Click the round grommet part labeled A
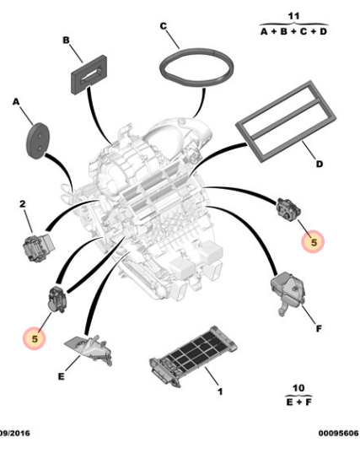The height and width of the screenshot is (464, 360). [x=38, y=141]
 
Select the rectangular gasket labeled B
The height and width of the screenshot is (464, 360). [x=89, y=74]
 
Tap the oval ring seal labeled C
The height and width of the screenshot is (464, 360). [x=196, y=67]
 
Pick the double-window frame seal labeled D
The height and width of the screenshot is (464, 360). [x=286, y=121]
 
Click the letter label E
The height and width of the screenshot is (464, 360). [x=61, y=377]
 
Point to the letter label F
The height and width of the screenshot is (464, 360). [x=319, y=329]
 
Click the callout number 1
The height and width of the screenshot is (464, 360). [x=220, y=391]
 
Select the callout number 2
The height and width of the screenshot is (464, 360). [x=23, y=204]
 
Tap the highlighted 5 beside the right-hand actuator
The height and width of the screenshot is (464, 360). [x=313, y=242]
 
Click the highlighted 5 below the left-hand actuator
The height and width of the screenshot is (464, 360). [x=35, y=338]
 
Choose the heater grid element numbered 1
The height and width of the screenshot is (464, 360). [x=193, y=356]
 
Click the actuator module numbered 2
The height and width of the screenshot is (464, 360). [x=39, y=248]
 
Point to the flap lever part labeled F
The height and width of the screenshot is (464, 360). [x=287, y=293]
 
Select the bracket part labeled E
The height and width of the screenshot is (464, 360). [x=89, y=349]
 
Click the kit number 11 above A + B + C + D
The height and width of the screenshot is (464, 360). [x=293, y=16]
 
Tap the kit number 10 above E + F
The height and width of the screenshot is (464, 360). [x=298, y=388]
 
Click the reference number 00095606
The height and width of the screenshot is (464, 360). [x=338, y=434]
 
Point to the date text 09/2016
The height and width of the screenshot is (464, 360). [x=15, y=434]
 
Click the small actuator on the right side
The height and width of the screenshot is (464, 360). [x=288, y=209]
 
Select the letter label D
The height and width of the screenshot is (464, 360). [x=320, y=164]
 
